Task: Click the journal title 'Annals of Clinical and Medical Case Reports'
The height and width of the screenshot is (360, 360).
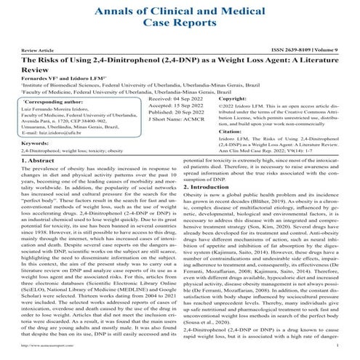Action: [180, 17]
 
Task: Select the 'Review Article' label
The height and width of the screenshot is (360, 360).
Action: [38, 50]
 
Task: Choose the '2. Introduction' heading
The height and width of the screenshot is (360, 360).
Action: [216, 188]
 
